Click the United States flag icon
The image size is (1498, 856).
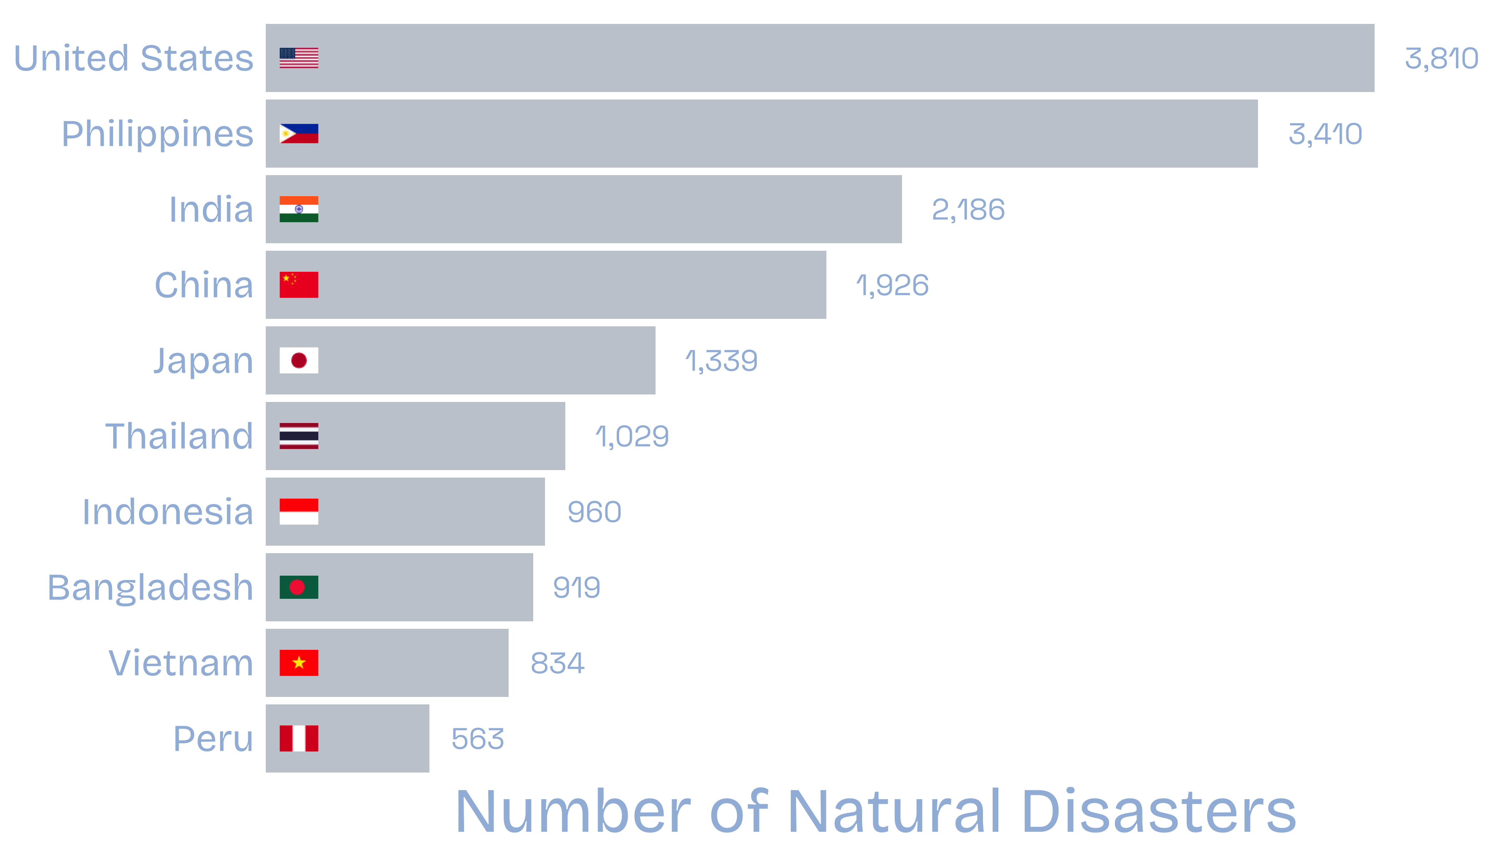tap(299, 58)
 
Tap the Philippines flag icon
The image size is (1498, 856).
tap(299, 133)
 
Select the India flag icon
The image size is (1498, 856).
tap(299, 209)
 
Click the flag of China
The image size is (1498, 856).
tap(299, 285)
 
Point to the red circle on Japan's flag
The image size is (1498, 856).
tap(299, 360)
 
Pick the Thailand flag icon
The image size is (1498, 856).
tap(299, 435)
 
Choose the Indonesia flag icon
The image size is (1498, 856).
tap(299, 511)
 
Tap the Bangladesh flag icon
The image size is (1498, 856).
tap(299, 587)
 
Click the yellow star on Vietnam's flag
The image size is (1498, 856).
tap(299, 663)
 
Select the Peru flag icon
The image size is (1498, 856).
tap(299, 738)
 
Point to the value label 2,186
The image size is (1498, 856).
tap(968, 210)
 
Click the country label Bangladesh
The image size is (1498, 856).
tap(151, 587)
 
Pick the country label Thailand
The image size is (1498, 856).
tap(179, 436)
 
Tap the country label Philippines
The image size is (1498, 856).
tap(158, 134)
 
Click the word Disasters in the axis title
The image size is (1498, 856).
tap(1158, 811)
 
